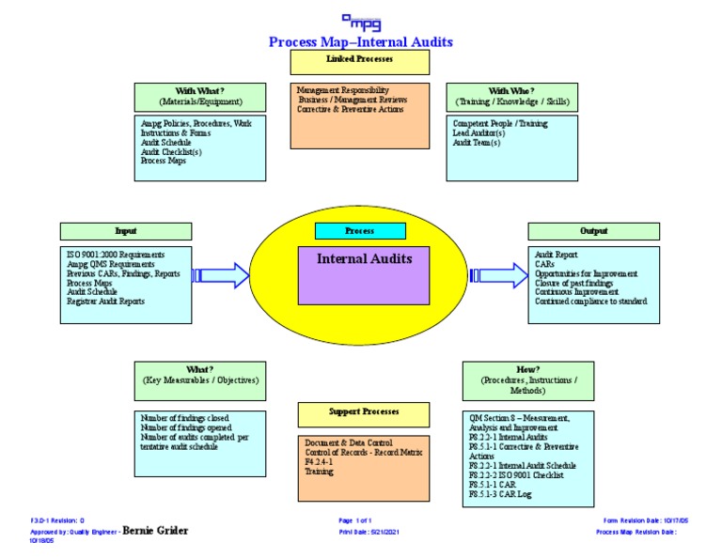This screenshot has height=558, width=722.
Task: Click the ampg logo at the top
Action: (x=360, y=21)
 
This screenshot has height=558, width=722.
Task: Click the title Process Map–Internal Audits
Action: (x=360, y=42)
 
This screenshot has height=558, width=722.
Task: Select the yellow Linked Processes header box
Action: (x=360, y=62)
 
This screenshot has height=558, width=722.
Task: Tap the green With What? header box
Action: (x=200, y=97)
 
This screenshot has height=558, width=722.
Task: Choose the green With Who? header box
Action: (x=512, y=97)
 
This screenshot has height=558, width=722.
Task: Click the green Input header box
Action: (x=126, y=231)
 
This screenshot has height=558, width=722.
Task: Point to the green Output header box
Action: (x=593, y=231)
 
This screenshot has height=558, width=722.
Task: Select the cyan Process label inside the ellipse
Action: (x=360, y=231)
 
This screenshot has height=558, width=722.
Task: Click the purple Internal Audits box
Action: (x=364, y=274)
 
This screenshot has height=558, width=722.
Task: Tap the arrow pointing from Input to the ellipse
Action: (x=222, y=275)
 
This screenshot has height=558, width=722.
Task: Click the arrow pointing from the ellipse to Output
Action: (x=498, y=275)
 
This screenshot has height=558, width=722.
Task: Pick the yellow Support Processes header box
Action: (x=364, y=413)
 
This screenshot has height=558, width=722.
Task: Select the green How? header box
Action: (x=527, y=381)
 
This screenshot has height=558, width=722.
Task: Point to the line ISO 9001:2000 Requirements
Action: (x=116, y=255)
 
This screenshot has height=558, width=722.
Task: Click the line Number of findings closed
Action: (x=185, y=418)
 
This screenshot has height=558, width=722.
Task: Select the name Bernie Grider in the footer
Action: (x=156, y=531)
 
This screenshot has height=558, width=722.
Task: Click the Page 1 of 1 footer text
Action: (x=355, y=519)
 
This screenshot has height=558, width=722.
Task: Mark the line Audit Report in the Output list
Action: (x=557, y=255)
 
